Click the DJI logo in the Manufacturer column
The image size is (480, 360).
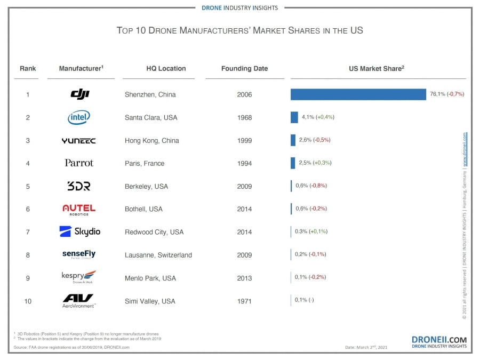(80, 94)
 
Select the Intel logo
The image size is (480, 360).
(79, 117)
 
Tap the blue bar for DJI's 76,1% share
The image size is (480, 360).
(358, 94)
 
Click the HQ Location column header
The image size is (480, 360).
(166, 68)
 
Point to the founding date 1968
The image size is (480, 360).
(244, 117)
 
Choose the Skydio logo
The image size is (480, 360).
(79, 231)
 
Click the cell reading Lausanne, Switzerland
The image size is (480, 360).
(158, 255)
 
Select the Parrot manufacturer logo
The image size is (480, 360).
(79, 163)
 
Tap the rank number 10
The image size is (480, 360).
(28, 301)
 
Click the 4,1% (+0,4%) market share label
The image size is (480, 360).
(318, 117)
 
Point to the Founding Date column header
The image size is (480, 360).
(244, 68)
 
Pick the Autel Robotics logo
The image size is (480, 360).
(79, 209)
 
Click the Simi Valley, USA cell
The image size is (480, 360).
(150, 301)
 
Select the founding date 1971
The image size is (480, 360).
(244, 301)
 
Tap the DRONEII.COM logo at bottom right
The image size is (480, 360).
(439, 341)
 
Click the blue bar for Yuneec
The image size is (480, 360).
(293, 140)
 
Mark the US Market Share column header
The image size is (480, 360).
(378, 68)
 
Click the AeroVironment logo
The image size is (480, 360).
(78, 301)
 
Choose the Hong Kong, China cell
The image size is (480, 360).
(151, 140)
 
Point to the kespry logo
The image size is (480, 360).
(78, 277)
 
